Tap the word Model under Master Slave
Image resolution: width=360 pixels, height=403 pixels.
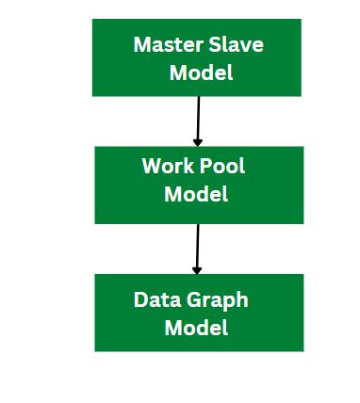(x=201, y=73)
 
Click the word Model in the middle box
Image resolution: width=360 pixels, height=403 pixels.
(x=196, y=194)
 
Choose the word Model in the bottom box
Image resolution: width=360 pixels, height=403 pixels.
(x=196, y=329)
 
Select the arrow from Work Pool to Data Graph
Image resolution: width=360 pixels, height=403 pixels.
(x=197, y=247)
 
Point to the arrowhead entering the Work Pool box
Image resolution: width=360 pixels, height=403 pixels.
(x=198, y=141)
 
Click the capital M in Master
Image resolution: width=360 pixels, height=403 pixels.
(x=141, y=44)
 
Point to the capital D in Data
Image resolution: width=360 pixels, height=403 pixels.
(x=140, y=300)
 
